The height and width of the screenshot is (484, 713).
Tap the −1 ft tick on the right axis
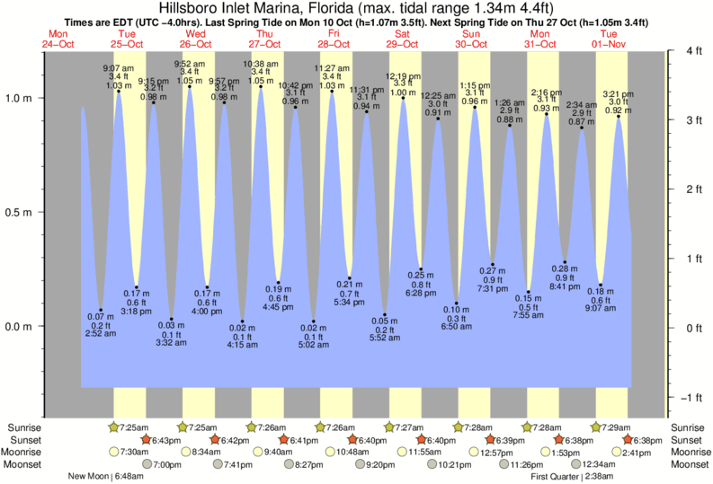tap(686, 397)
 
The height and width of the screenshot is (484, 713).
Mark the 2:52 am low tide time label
tap(101, 333)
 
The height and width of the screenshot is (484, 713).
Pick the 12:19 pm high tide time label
tap(403, 76)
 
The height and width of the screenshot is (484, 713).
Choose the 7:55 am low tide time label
tap(530, 315)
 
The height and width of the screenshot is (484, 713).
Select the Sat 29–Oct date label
tap(402, 40)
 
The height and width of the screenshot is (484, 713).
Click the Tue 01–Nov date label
tap(609, 40)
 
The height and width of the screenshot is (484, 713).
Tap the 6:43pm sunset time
tap(166, 440)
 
